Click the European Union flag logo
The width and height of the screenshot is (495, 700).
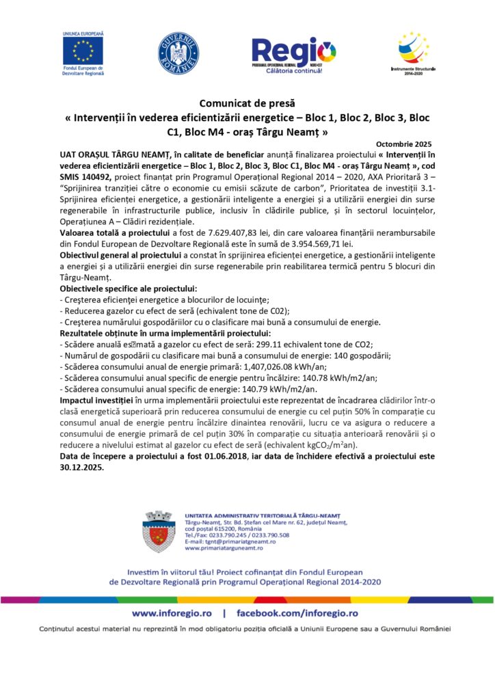(x=83, y=50)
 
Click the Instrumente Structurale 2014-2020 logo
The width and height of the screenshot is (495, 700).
(x=413, y=49)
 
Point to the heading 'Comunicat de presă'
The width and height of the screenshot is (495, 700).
(x=247, y=104)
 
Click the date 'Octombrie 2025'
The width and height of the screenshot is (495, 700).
(x=404, y=144)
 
